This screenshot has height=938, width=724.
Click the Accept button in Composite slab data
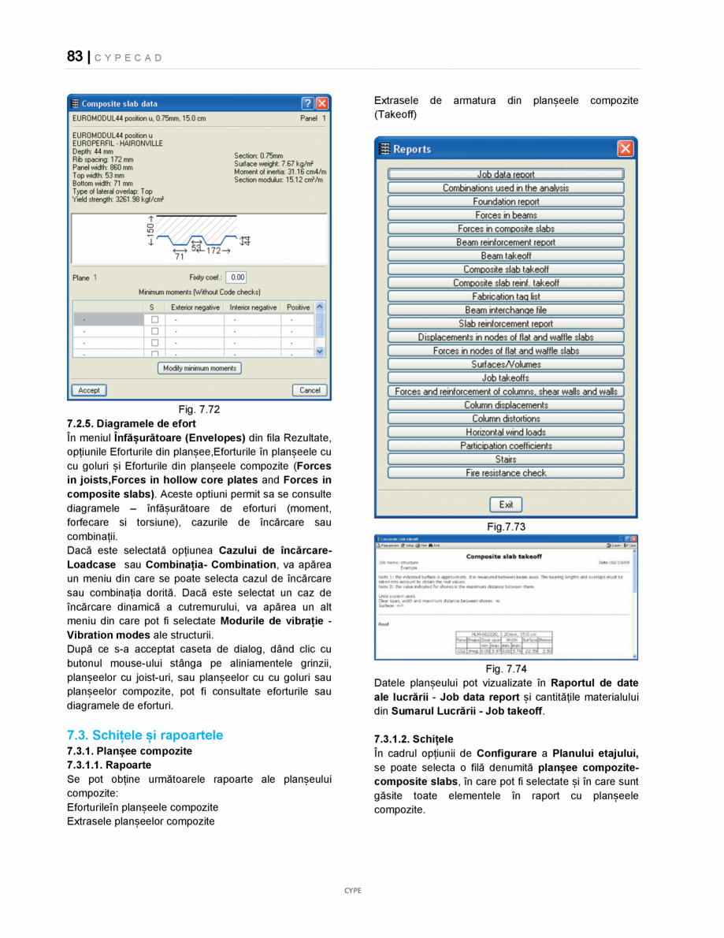[x=89, y=390]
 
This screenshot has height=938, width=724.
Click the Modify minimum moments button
[x=199, y=368]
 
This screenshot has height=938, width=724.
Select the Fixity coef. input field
[x=236, y=277]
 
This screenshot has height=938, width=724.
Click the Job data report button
[x=506, y=174]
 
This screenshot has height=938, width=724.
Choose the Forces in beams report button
[x=506, y=215]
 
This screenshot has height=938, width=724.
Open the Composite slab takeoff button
[x=506, y=270]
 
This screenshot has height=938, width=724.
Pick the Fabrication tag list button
[x=506, y=296]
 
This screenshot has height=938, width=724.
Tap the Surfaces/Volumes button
[x=506, y=364]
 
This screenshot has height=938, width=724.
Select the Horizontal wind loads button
[x=506, y=432]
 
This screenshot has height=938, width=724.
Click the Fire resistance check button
[x=506, y=473]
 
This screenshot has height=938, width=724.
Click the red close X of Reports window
[x=625, y=148]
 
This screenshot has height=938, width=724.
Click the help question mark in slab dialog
[x=307, y=103]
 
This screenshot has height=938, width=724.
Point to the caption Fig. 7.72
[x=199, y=409]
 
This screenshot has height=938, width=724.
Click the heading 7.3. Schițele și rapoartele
[x=145, y=735]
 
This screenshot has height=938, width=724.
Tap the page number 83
[x=75, y=57]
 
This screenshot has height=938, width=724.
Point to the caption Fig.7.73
[x=506, y=527]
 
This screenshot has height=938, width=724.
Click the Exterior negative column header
[x=195, y=307]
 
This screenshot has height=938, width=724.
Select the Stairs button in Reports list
[x=506, y=460]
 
